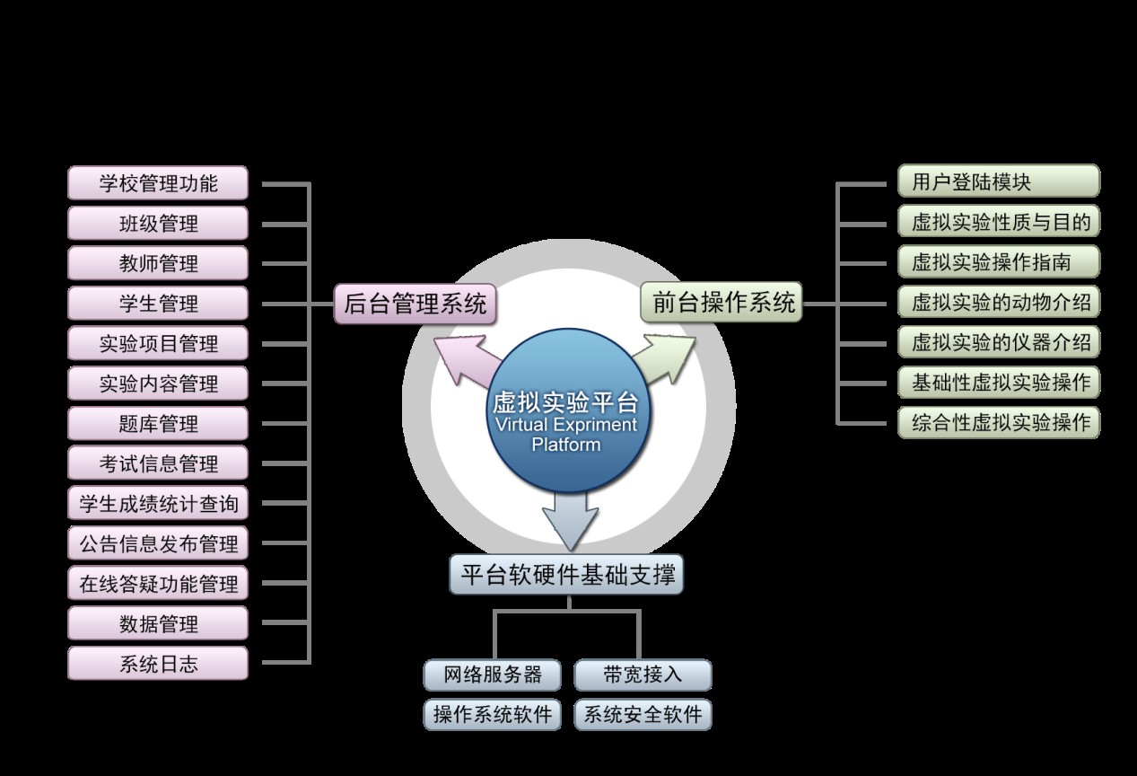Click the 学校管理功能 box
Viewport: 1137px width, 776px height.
click(x=158, y=183)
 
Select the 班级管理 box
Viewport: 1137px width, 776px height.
click(x=158, y=224)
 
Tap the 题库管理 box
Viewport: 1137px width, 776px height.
click(x=158, y=424)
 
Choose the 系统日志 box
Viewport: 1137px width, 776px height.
click(x=158, y=665)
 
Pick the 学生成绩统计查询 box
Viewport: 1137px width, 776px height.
click(x=158, y=504)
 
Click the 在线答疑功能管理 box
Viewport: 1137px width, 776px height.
click(x=158, y=584)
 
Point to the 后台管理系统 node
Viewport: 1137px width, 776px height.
click(x=415, y=304)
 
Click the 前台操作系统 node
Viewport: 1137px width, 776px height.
click(x=723, y=303)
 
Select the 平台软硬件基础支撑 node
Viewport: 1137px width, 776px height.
click(x=566, y=574)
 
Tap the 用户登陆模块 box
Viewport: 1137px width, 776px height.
click(x=998, y=181)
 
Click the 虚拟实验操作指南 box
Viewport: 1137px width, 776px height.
click(x=998, y=262)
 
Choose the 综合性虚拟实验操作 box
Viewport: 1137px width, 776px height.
click(x=998, y=422)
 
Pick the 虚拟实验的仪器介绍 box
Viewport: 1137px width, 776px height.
click(x=998, y=342)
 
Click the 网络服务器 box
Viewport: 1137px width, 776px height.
click(x=493, y=675)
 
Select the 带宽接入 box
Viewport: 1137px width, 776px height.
click(x=643, y=675)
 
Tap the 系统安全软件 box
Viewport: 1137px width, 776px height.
click(x=643, y=715)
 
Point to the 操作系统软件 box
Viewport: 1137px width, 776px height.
click(x=493, y=715)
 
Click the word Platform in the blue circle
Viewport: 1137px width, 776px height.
click(x=565, y=445)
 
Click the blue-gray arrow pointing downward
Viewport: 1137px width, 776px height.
click(x=570, y=521)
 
